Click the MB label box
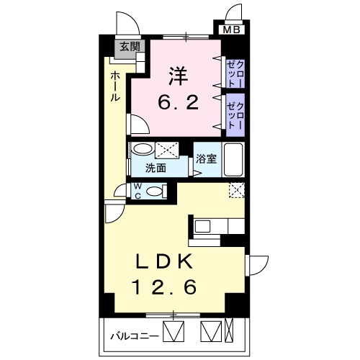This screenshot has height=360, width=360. tap(232, 30)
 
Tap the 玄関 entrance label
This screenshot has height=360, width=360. tap(130, 48)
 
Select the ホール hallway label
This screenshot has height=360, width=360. tap(115, 87)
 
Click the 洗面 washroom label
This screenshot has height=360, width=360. tap(156, 168)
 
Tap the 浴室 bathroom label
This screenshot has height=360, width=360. tap(207, 159)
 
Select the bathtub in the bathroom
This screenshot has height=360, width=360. tap(234, 159)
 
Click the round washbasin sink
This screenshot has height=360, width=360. tap(143, 150)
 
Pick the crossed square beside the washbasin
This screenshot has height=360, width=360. tap(168, 150)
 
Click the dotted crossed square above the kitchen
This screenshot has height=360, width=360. tap(236, 190)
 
